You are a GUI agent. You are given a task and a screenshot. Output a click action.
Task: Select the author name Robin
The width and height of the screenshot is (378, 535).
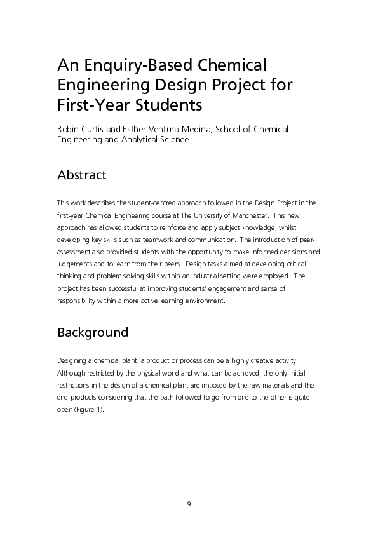[69, 129]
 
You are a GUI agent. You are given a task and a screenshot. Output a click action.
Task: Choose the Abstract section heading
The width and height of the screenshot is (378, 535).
[81, 175]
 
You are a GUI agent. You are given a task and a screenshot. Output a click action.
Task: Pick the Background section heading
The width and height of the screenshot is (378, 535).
[93, 332]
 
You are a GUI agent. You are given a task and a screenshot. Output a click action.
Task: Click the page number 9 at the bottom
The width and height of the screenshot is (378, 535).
[189, 504]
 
